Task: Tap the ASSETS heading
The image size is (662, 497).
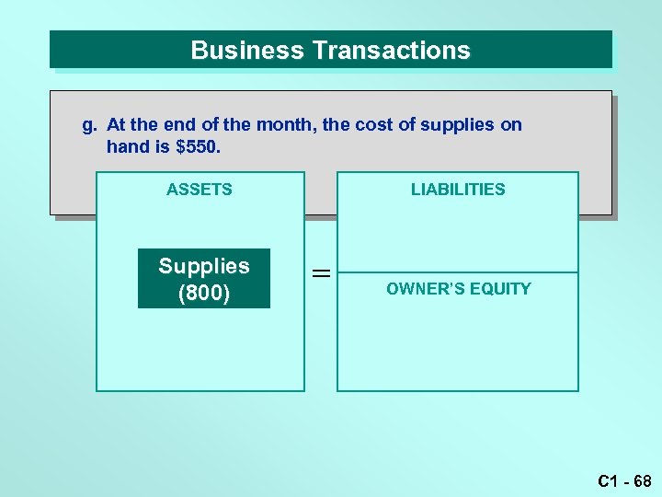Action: [x=200, y=190]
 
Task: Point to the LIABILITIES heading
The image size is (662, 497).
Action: [x=458, y=190]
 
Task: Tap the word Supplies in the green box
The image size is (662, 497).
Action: [x=204, y=266]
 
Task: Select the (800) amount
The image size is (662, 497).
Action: [x=204, y=293]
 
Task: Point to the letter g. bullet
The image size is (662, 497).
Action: [x=89, y=124]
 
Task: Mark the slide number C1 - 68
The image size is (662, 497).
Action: [x=624, y=480]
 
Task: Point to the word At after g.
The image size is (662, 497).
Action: [x=117, y=124]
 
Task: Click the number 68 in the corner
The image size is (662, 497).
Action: [x=642, y=480]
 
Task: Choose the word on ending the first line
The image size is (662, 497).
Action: [x=511, y=124]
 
